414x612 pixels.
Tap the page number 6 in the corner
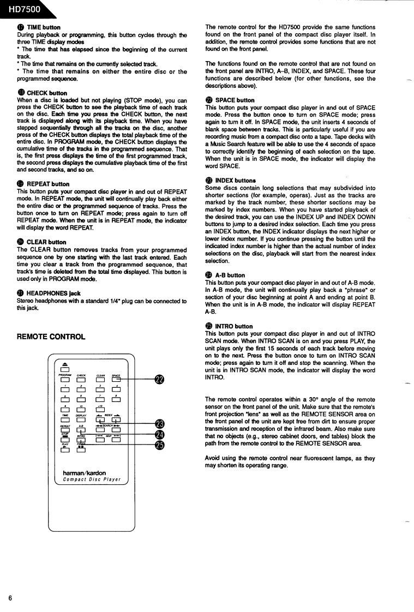pos(10,597)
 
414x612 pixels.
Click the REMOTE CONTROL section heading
pos(51,337)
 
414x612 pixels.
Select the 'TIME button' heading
pos(43,27)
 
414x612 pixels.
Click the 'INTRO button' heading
pos(233,326)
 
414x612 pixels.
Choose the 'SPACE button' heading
pos(235,100)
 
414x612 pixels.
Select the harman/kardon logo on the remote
pos(85,473)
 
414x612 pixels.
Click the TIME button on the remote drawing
pos(65,420)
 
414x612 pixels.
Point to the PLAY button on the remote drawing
pos(65,450)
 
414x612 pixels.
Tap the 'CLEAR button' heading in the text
pos(46,242)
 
